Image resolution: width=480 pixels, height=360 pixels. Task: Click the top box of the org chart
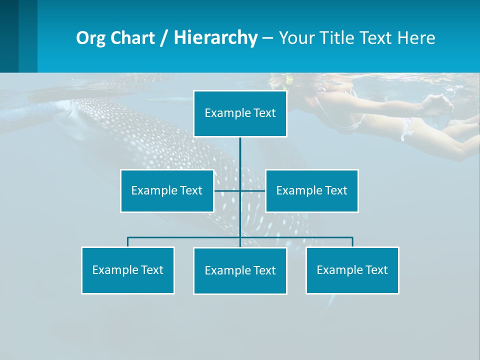click(240, 113)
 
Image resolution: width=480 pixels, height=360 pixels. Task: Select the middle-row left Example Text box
click(167, 190)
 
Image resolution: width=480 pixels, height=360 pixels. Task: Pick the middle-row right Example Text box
click(311, 190)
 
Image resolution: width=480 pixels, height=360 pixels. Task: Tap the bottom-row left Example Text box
click(127, 270)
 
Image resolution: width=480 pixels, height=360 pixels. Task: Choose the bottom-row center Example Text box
click(240, 270)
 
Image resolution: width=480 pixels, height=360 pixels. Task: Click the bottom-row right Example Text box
click(352, 270)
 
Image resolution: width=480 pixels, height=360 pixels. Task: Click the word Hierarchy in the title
click(215, 38)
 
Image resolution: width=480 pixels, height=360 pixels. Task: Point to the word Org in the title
click(90, 38)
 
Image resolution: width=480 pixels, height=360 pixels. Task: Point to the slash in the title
click(164, 38)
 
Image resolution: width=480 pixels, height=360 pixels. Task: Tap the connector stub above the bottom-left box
click(127, 242)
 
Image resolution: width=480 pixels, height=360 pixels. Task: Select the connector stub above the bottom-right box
click(352, 242)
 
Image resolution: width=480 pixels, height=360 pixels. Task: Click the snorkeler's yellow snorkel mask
click(287, 80)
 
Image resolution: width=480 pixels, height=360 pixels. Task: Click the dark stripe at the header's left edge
click(9, 36)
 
